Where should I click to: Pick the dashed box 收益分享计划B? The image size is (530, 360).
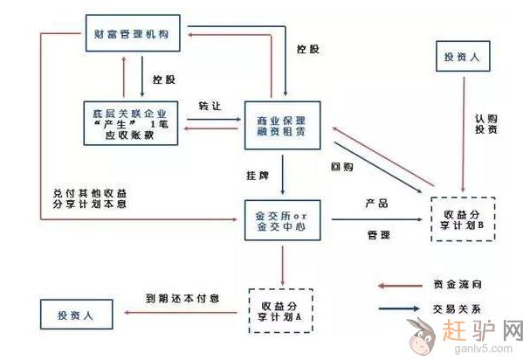point(465,219)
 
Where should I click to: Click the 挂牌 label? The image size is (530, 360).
point(256,176)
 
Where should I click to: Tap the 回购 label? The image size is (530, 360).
point(341,166)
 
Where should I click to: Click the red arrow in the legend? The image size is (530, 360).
point(402,285)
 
